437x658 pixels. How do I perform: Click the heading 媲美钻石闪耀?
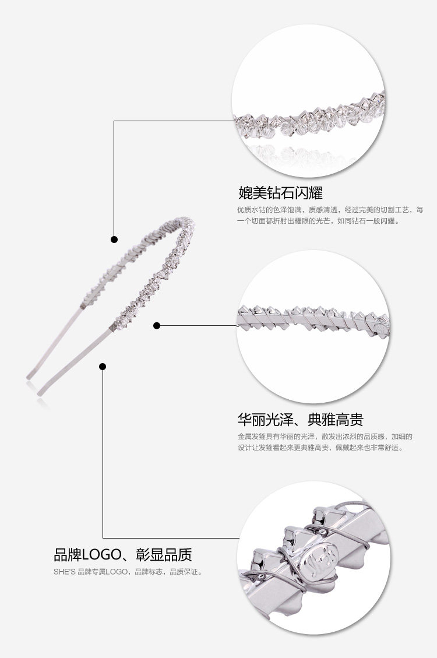[x=280, y=192]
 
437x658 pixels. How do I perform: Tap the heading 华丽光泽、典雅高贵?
[x=300, y=420]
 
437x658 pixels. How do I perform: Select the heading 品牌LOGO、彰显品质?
[x=122, y=554]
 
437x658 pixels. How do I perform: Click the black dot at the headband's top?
[x=114, y=239]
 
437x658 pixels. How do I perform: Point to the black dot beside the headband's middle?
[x=156, y=325]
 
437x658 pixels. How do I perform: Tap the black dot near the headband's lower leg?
[x=103, y=367]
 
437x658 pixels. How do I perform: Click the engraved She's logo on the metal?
[x=315, y=565]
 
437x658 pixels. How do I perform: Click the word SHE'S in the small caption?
[x=64, y=572]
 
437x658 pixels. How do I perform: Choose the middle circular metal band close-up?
[x=313, y=326]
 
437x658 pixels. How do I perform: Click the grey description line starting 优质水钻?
[x=330, y=210]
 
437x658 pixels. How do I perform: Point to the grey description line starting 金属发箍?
[x=325, y=437]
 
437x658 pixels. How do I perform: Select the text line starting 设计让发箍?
[x=319, y=448]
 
